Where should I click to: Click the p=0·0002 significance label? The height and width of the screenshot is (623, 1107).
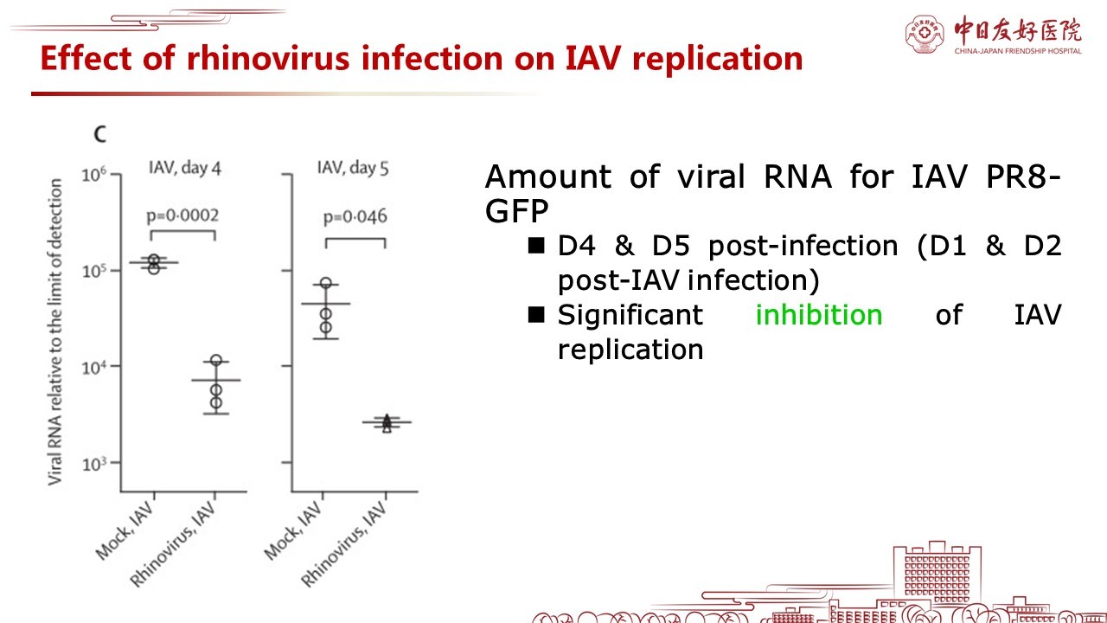coord(182,216)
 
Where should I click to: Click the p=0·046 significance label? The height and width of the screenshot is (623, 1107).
coord(355,217)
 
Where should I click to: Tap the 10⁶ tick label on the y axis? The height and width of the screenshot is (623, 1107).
coord(94,175)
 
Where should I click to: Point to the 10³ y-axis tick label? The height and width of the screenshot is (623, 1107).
coord(94,465)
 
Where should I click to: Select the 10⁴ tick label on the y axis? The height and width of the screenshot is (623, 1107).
coord(94,368)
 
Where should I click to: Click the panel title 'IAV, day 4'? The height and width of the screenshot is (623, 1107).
coord(185,168)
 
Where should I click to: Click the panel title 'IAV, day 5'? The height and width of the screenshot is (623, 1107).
coord(353,168)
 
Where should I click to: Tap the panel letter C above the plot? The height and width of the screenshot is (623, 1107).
coord(100,134)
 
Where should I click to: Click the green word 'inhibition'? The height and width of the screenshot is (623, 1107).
coord(819,314)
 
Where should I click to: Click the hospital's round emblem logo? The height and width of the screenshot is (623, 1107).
coord(925,34)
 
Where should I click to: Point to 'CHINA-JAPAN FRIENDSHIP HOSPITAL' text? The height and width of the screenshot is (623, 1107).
coord(1018,51)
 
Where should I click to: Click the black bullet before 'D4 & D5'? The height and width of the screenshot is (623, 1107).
coord(536,245)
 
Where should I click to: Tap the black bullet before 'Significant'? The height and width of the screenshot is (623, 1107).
coord(536,314)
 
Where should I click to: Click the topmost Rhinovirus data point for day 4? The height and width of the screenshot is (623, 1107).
coord(216,361)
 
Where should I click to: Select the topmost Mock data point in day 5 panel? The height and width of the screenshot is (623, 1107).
coord(326,283)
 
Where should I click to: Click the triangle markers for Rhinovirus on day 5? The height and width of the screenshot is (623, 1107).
coord(387,423)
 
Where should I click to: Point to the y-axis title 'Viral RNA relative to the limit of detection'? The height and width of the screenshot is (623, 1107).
coord(54,331)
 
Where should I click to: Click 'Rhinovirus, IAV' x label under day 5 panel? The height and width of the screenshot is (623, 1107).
coord(344,544)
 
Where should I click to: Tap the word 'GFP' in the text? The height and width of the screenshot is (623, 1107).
coord(516,211)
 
